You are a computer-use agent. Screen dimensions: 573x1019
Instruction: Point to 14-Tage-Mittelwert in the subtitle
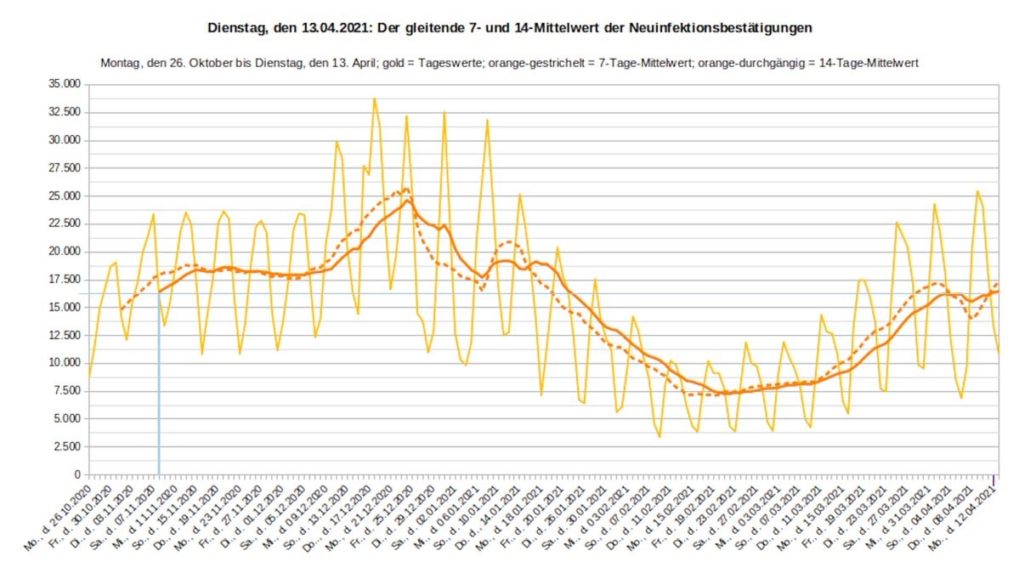(x=868, y=63)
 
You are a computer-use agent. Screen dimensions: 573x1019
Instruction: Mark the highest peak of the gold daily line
(x=374, y=99)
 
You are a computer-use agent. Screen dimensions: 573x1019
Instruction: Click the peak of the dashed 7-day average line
(x=406, y=189)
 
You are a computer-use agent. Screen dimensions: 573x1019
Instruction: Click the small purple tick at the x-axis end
(x=997, y=469)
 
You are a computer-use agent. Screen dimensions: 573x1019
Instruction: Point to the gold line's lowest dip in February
(x=660, y=437)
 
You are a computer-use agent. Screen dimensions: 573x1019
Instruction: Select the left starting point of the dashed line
(x=120, y=310)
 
